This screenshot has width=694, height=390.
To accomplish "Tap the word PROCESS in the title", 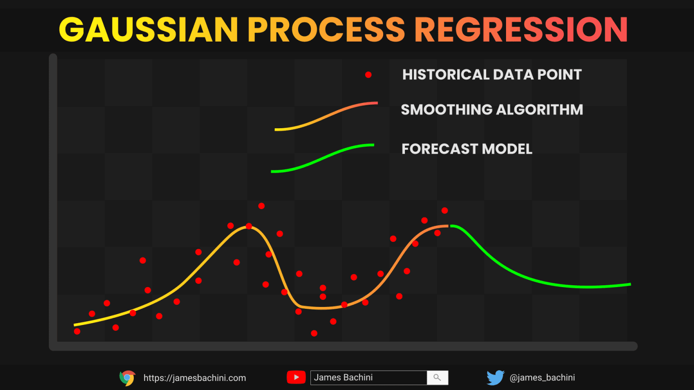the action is pyautogui.click(x=326, y=29).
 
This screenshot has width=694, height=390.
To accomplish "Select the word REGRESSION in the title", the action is pyautogui.click(x=521, y=29).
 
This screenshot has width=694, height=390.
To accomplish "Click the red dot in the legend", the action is pyautogui.click(x=368, y=74).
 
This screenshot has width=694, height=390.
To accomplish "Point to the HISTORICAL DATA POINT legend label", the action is pyautogui.click(x=492, y=74).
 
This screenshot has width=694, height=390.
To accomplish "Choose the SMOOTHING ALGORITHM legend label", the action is pyautogui.click(x=492, y=110).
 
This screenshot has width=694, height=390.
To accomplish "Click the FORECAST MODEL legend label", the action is pyautogui.click(x=467, y=149).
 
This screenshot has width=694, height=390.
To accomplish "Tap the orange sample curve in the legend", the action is pyautogui.click(x=326, y=116).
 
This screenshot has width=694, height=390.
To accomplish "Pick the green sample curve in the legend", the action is pyautogui.click(x=323, y=158).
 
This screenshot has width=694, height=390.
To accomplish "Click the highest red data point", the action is pyautogui.click(x=261, y=206).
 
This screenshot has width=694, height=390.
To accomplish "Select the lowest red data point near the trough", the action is pyautogui.click(x=314, y=334).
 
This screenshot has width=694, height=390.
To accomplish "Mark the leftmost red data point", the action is pyautogui.click(x=77, y=331).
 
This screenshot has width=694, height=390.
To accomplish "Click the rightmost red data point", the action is pyautogui.click(x=445, y=210).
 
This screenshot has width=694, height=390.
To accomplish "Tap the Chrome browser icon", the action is pyautogui.click(x=127, y=378).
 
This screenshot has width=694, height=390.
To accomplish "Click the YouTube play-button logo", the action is pyautogui.click(x=296, y=377).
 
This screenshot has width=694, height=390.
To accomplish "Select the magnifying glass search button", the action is pyautogui.click(x=437, y=378).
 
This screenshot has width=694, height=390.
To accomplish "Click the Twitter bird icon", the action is pyautogui.click(x=495, y=378).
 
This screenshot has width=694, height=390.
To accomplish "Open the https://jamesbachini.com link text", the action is pyautogui.click(x=195, y=378).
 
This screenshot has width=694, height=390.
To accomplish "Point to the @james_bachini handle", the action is pyautogui.click(x=542, y=378).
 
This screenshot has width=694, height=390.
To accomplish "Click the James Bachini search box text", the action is pyautogui.click(x=343, y=377).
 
